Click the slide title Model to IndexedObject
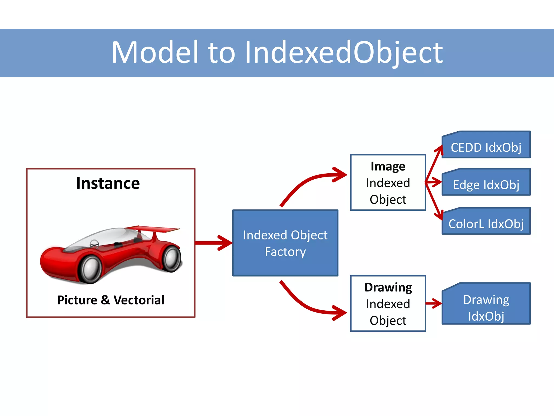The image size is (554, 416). (277, 53)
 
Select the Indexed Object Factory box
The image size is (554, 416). (285, 243)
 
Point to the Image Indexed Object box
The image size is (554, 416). (388, 183)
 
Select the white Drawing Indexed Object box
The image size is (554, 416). (388, 304)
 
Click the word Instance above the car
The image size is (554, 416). (108, 183)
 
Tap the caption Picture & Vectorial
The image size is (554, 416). (111, 300)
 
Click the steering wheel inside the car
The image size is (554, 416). (94, 243)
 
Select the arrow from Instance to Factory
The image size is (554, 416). (214, 243)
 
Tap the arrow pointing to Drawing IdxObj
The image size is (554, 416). (434, 304)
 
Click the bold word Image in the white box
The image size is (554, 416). (388, 166)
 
